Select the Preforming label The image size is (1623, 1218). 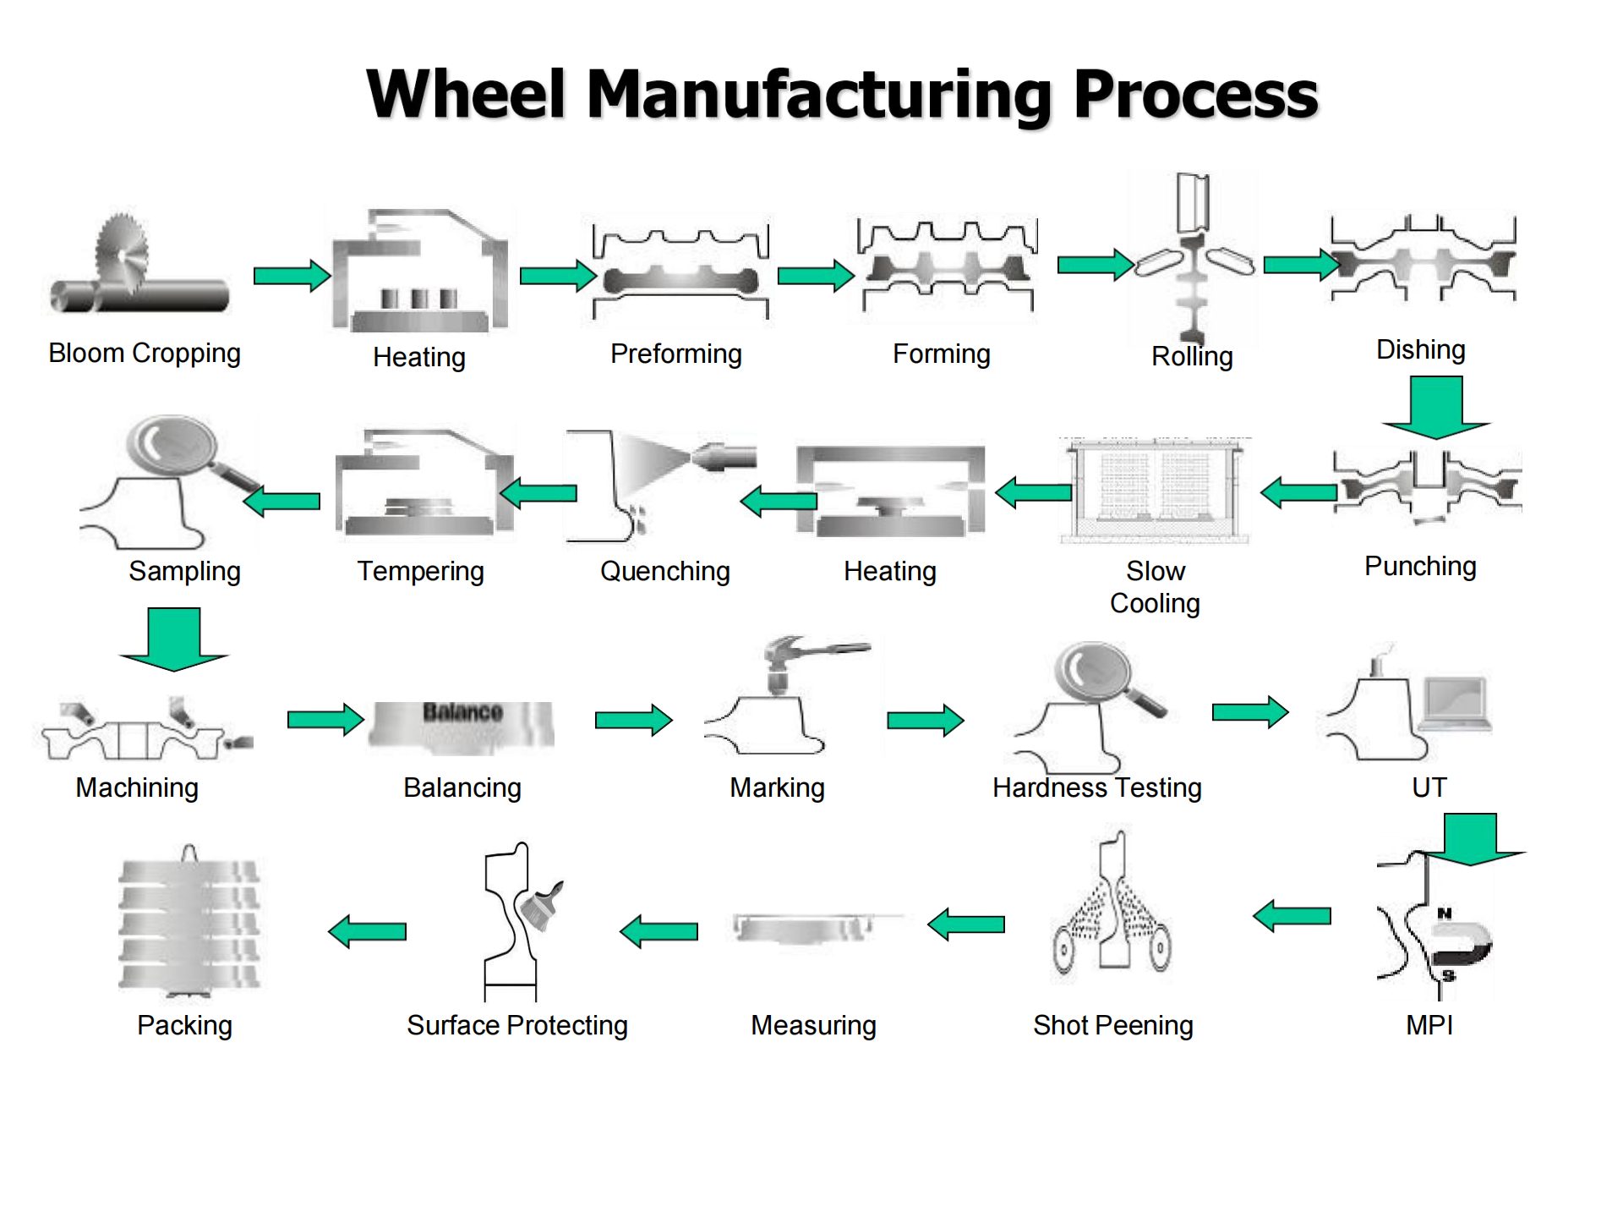[x=675, y=354]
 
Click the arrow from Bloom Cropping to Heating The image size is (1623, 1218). [x=292, y=276]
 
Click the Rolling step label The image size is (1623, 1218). [x=1191, y=356]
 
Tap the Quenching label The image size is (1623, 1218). [x=664, y=571]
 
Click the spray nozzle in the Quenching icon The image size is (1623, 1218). [x=724, y=457]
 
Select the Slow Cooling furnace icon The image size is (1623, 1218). [x=1155, y=490]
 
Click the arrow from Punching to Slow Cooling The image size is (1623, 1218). [x=1298, y=491]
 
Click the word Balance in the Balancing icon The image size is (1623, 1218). [x=462, y=712]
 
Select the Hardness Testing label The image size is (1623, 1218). [x=1096, y=787]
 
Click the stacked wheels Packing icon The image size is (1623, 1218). [x=189, y=922]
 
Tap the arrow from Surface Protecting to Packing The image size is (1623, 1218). [x=368, y=931]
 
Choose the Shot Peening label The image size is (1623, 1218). [x=1112, y=1025]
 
